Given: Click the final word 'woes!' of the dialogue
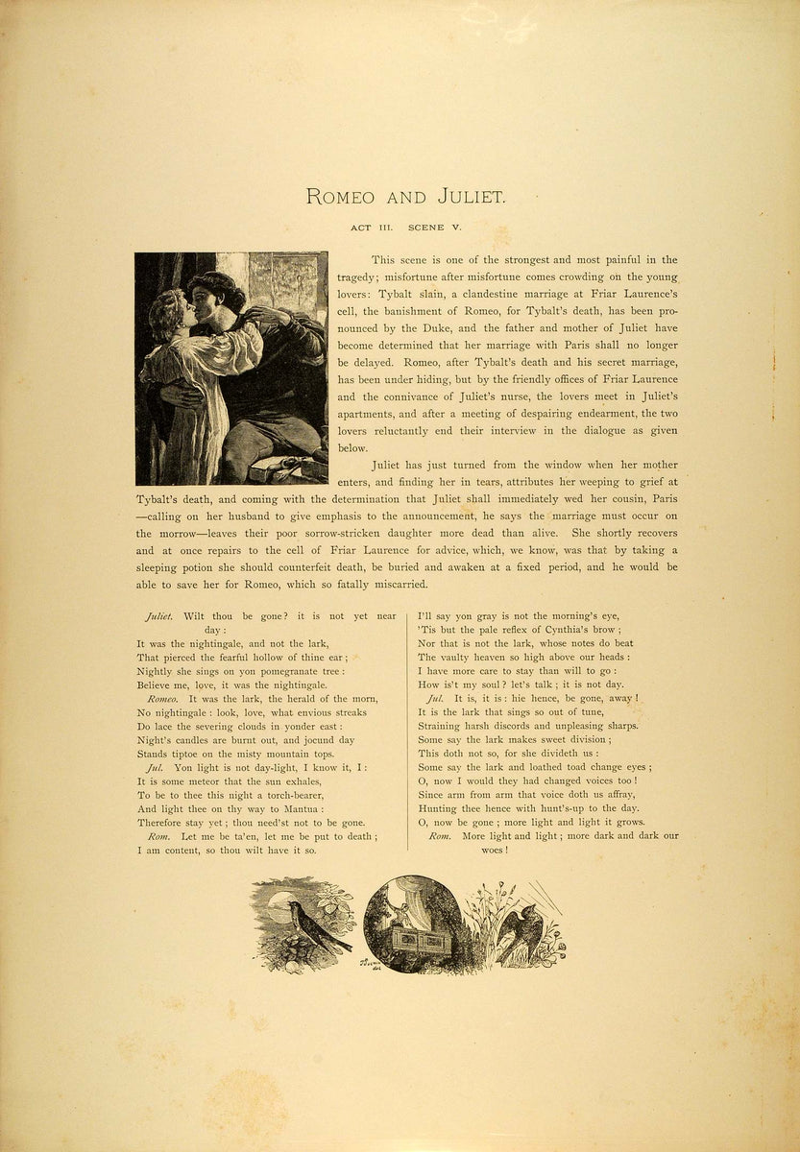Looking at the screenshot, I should pyautogui.click(x=493, y=850).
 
